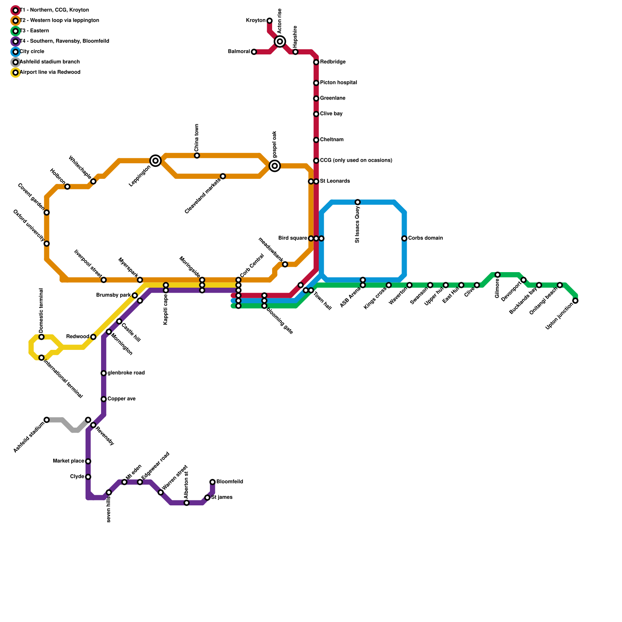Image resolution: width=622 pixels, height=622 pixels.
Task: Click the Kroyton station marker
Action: point(269,21)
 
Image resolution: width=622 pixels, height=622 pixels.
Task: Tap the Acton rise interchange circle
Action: point(280,41)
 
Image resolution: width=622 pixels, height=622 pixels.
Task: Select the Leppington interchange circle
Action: point(155,161)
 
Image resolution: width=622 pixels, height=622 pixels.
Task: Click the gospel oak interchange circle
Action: point(275,166)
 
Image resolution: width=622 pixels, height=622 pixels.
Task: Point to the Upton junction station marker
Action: point(575,301)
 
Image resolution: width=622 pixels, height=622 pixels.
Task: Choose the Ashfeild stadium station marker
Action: point(47,420)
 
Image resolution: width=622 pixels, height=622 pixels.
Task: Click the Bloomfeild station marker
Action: point(212,482)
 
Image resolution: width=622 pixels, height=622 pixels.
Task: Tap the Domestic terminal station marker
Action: point(42,337)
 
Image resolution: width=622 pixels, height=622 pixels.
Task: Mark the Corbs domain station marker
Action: point(404,238)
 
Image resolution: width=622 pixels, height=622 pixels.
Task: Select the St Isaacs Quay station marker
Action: point(358,202)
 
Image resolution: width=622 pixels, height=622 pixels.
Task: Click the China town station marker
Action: point(197,155)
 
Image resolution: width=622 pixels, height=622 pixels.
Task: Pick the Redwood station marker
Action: point(93,337)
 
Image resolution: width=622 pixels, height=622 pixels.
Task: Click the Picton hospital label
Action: point(338,83)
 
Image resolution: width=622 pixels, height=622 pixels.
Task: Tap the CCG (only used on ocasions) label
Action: point(356,161)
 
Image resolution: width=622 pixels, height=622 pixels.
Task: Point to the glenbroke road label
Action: point(126,373)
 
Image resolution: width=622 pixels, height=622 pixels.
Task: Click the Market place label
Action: point(68,461)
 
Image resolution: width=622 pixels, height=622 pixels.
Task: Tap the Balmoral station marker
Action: point(254,52)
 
